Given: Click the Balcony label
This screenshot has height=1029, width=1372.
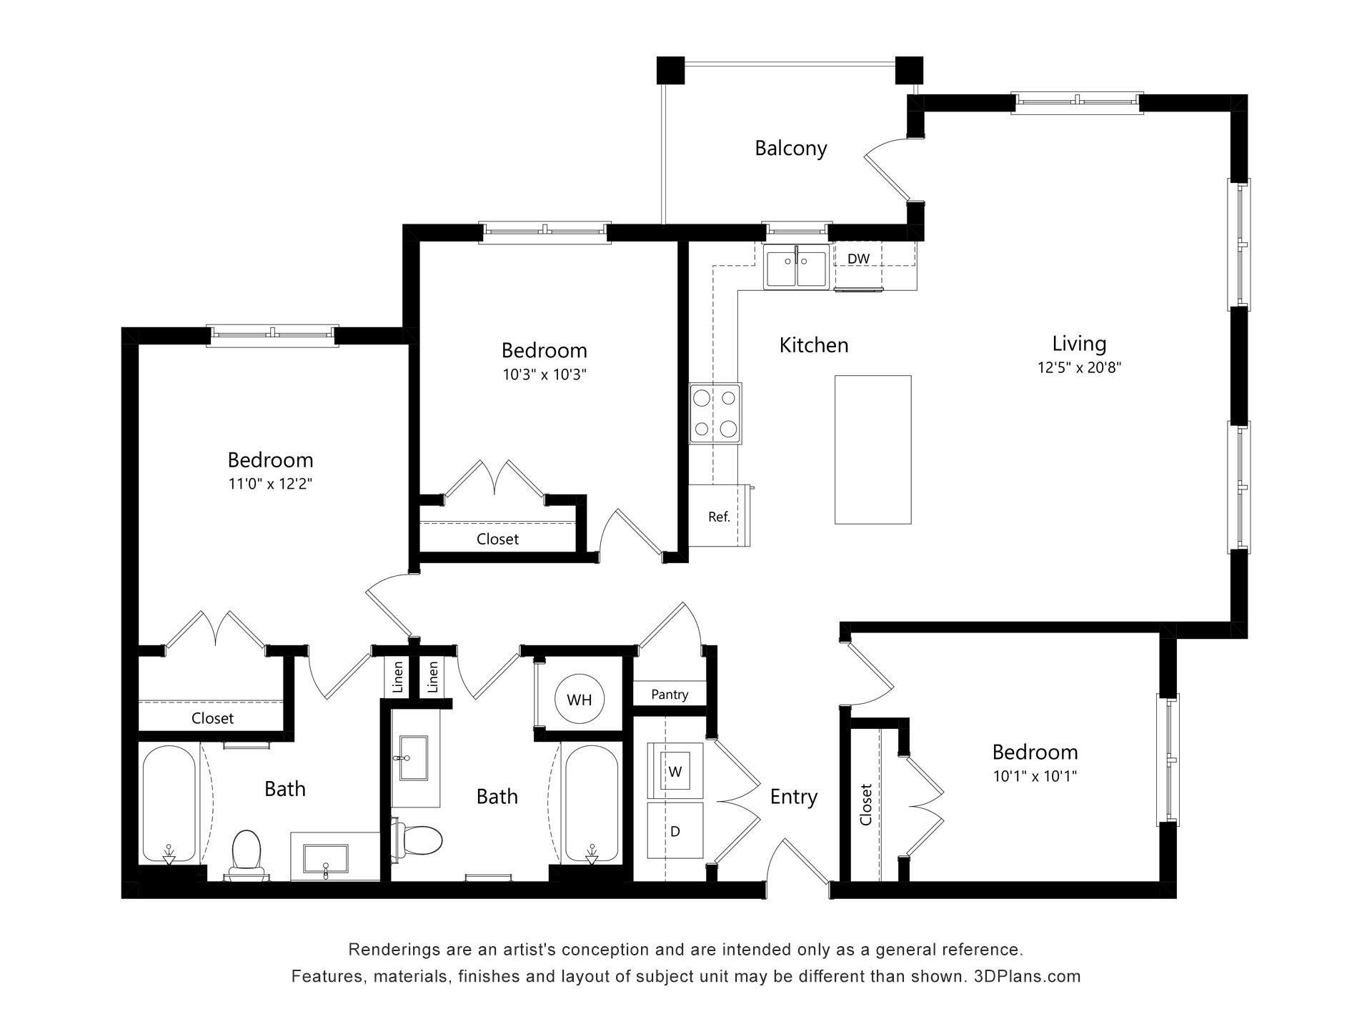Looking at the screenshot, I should click(790, 148).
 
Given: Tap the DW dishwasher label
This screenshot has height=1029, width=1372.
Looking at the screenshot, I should click(858, 258).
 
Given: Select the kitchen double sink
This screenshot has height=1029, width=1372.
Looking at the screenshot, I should click(796, 266).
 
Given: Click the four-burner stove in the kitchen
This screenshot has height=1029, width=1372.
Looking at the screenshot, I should click(715, 413).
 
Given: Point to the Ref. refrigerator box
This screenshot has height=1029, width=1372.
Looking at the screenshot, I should click(718, 516).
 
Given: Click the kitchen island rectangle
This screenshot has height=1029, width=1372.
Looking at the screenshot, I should click(873, 449).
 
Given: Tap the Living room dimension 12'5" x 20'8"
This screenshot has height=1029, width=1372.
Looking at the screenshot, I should click(1079, 368).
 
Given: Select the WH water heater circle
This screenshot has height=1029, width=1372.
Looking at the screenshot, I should click(580, 700).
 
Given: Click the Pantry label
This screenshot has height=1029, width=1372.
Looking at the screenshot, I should click(670, 694).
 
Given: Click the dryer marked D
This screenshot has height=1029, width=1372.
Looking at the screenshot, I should click(675, 831).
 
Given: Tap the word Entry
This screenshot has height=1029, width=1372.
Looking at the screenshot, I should click(793, 797).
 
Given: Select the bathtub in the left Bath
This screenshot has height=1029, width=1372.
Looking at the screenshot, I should click(169, 804).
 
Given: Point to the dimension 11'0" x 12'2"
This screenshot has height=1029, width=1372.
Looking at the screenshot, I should click(270, 484).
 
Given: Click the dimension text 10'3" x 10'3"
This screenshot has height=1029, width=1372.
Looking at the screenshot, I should click(544, 374).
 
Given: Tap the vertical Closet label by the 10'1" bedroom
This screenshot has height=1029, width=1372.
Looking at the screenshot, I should click(866, 805).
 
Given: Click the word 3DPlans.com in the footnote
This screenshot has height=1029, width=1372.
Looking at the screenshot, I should click(1027, 976).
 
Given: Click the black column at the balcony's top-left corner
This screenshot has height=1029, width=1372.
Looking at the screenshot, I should click(670, 70).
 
